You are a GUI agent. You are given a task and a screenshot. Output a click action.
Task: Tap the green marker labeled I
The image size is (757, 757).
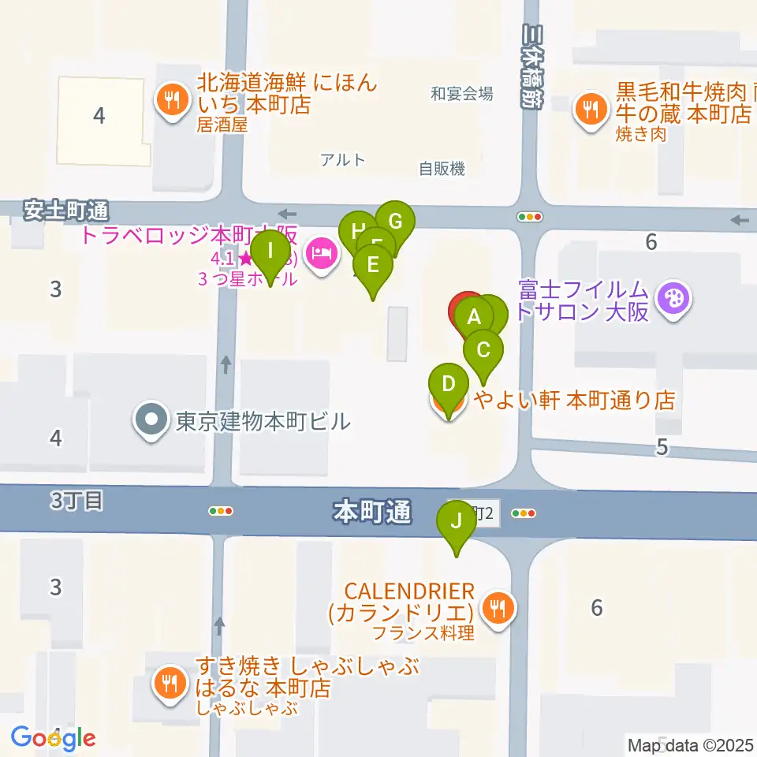coord(271,252)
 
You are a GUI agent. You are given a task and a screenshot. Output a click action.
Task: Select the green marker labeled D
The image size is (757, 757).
coord(448,385)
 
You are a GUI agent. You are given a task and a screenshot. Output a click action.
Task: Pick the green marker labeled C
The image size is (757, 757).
coord(483,349)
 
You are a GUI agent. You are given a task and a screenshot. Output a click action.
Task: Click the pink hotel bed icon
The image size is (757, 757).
coord(321,255)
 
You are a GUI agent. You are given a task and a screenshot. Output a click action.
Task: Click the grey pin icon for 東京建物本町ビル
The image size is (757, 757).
coord(150,420)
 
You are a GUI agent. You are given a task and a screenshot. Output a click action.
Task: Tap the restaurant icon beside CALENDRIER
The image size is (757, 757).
coord(498,609)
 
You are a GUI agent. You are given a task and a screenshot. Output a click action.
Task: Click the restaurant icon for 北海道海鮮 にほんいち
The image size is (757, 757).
coord(170,100)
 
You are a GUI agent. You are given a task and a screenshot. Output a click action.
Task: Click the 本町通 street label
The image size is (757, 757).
coord(372,513)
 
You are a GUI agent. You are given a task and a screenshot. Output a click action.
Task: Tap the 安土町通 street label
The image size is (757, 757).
coord(65,211)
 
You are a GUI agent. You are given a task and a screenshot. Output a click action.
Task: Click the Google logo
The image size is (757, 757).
coord(53,738)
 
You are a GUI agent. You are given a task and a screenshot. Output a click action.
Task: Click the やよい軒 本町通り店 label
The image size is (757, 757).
coord(574,401)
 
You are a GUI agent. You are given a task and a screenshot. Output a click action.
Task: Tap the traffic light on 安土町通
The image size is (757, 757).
coord(529,216)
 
